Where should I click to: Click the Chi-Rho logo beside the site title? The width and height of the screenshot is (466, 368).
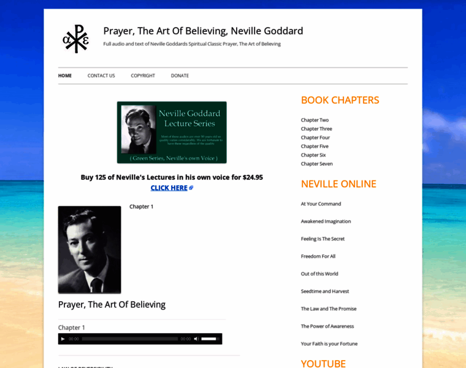76,39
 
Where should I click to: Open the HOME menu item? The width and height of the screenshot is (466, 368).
65,75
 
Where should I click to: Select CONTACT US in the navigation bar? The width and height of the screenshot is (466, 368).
101,75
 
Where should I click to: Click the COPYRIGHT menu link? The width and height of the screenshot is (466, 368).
143,75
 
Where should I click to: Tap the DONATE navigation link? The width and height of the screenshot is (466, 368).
180,75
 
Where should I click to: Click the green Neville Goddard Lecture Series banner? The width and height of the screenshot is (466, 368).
172,132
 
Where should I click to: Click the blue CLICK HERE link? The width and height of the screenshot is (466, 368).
169,188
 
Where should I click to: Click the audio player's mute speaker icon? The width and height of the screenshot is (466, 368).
196,339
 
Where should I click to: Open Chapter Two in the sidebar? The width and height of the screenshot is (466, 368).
315,120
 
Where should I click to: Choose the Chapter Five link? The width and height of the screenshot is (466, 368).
315,147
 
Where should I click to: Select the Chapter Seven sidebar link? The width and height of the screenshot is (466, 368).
316,164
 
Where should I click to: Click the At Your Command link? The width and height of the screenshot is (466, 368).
321,204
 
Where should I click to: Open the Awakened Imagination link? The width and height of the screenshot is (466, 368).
326,221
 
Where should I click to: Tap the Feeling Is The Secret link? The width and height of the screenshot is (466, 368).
323,239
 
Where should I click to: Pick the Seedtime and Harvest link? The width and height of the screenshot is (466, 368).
324,291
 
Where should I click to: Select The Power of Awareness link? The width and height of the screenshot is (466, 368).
327,326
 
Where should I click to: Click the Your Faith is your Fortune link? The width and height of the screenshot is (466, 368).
329,343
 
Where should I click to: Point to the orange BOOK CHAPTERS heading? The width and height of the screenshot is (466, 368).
340,100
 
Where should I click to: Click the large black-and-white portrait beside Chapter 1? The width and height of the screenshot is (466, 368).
90,250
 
